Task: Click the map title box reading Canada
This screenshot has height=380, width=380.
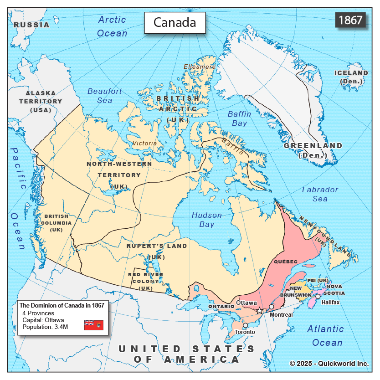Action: click(175, 22)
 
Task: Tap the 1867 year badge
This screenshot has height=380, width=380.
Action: click(350, 20)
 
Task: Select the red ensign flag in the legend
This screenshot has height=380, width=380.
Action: click(93, 325)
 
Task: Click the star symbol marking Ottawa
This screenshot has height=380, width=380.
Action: click(260, 310)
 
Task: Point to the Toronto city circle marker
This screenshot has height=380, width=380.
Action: click(245, 325)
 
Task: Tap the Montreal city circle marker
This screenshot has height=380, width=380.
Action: click(272, 307)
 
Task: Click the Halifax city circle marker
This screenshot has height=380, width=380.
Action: click(318, 296)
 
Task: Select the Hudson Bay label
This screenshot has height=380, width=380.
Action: click(206, 220)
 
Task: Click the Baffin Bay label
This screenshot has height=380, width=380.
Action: click(237, 118)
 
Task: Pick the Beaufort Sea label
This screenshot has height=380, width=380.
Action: click(105, 95)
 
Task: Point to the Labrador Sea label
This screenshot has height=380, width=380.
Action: click(320, 194)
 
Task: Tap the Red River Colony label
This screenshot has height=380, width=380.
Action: click(146, 281)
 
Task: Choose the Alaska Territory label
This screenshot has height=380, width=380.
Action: click(41, 101)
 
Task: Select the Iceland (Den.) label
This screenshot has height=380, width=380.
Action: click(351, 77)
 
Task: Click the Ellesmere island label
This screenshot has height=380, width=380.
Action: click(200, 67)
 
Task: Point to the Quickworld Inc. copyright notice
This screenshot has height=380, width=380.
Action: click(329, 363)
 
